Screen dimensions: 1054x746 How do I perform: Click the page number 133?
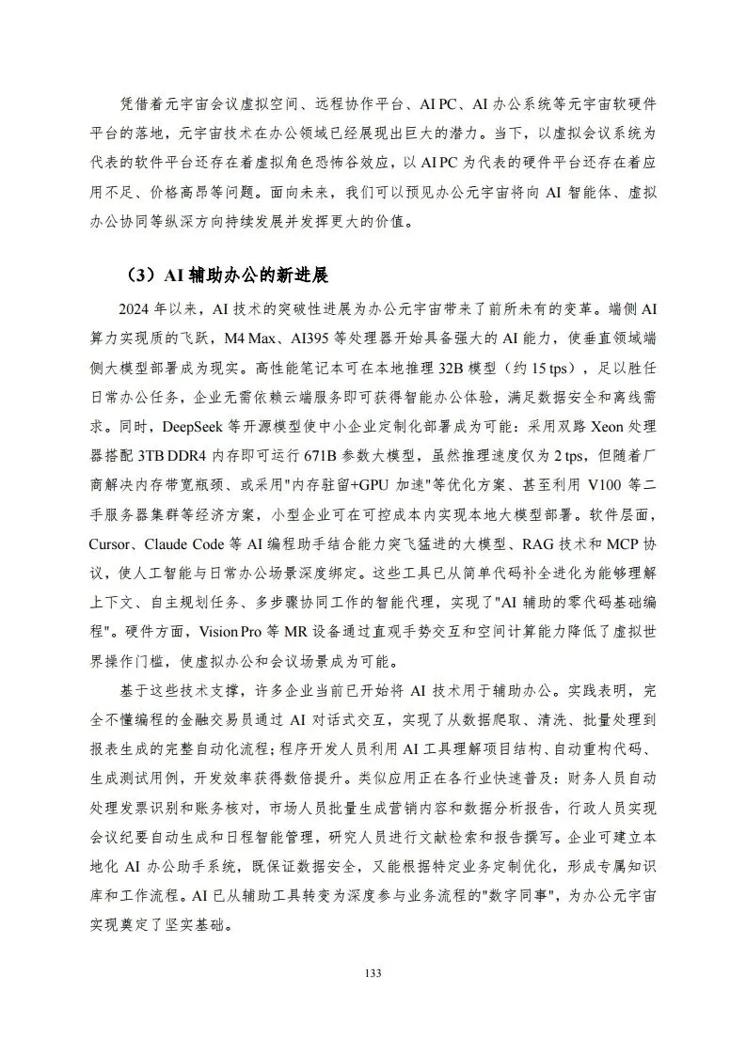373,974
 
